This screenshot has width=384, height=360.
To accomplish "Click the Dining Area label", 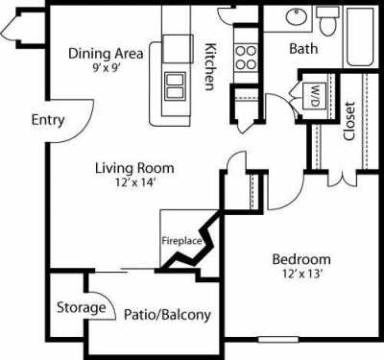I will click(106, 53).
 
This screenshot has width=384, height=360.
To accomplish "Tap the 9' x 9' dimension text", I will click(105, 68).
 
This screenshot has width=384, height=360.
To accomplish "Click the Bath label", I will click(304, 48).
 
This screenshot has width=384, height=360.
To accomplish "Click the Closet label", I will click(348, 121).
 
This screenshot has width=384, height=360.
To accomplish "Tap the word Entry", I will click(47, 120).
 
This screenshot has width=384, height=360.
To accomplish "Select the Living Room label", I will click(128, 169).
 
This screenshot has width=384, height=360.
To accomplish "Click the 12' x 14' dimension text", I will click(127, 184).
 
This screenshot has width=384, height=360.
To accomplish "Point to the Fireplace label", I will click(180, 241).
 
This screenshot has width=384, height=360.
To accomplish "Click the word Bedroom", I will click(300, 259).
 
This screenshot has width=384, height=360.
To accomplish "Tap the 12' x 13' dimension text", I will click(300, 275).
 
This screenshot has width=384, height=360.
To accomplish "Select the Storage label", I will click(81, 307).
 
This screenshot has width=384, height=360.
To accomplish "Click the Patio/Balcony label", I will click(167, 314).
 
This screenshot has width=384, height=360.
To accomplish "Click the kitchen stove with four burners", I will click(245, 55).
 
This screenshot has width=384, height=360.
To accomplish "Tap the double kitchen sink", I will click(175, 85).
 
